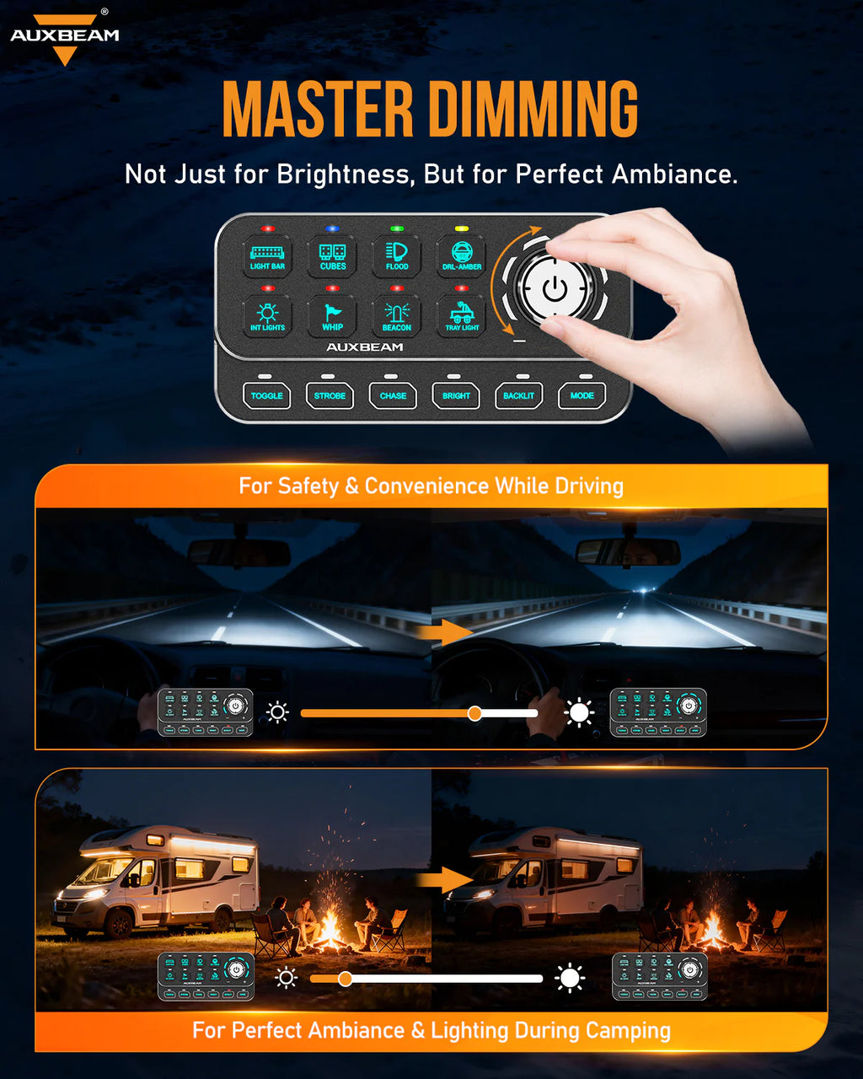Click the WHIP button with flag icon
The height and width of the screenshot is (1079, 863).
332,316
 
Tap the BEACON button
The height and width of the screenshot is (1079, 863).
396,316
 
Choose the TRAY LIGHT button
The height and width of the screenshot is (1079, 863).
461,316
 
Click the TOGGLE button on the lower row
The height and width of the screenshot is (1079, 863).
266,395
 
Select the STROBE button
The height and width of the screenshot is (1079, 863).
330,395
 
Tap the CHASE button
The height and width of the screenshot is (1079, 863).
393,395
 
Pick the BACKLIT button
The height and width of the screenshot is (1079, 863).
518,395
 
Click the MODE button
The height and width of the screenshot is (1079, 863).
582,395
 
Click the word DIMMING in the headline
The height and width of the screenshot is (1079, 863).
533,110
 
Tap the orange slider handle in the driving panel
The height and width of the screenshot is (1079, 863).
474,713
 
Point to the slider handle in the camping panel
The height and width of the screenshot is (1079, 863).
345,979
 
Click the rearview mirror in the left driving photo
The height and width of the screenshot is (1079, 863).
239,552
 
